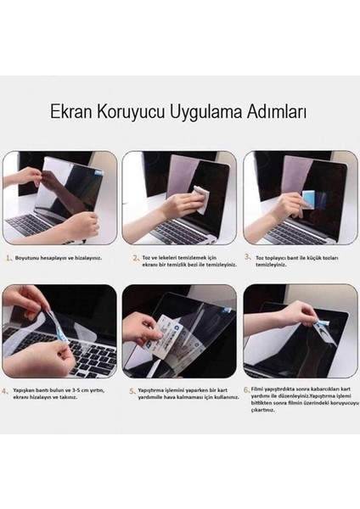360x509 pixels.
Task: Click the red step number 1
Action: click(7, 256)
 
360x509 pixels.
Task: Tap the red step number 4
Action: click(7, 391)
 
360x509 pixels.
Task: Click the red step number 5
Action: click(132, 391)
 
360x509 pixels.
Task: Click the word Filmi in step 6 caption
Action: click(259, 387)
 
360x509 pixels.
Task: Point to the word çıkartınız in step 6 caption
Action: click(267, 415)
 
